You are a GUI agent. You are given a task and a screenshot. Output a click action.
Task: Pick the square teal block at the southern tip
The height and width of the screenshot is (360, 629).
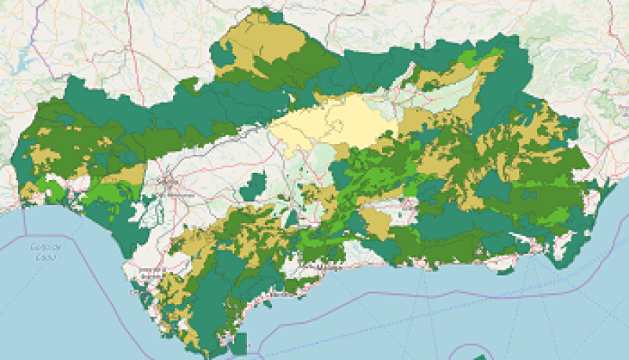coord(241,342)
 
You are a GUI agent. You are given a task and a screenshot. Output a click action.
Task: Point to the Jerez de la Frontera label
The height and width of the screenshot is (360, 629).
coord(149,272)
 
